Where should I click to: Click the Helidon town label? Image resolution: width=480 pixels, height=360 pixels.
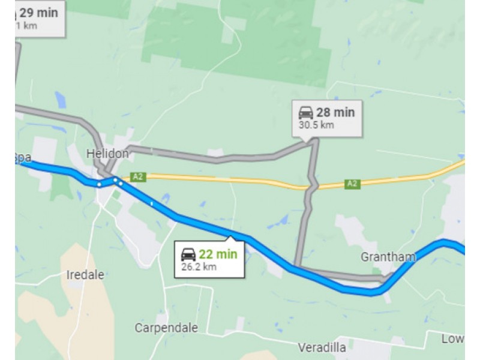tap(107, 154)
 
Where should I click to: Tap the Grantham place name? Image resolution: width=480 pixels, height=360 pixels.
tap(388, 257)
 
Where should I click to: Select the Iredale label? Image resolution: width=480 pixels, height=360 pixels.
tap(86, 275)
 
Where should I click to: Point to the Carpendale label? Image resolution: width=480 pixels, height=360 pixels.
tap(166, 328)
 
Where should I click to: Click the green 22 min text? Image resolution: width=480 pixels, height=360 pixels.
tap(218, 254)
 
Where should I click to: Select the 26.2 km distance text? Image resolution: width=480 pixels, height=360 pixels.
tap(199, 267)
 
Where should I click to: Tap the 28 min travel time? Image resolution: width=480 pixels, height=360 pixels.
tap(336, 112)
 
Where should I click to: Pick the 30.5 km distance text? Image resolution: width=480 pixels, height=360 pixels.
tap(316, 125)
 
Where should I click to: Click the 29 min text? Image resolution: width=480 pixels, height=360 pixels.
tap(39, 12)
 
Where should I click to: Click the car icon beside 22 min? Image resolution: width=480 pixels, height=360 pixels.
tap(188, 254)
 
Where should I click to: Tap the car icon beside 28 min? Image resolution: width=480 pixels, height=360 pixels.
tap(306, 112)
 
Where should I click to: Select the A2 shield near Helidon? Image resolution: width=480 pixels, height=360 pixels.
tap(138, 176)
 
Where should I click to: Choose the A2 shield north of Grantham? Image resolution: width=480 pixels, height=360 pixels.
tap(352, 184)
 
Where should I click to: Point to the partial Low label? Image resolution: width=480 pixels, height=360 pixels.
tap(452, 339)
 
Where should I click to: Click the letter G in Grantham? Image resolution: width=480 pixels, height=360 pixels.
tap(365, 257)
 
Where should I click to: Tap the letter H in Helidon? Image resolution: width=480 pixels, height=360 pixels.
tap(90, 154)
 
